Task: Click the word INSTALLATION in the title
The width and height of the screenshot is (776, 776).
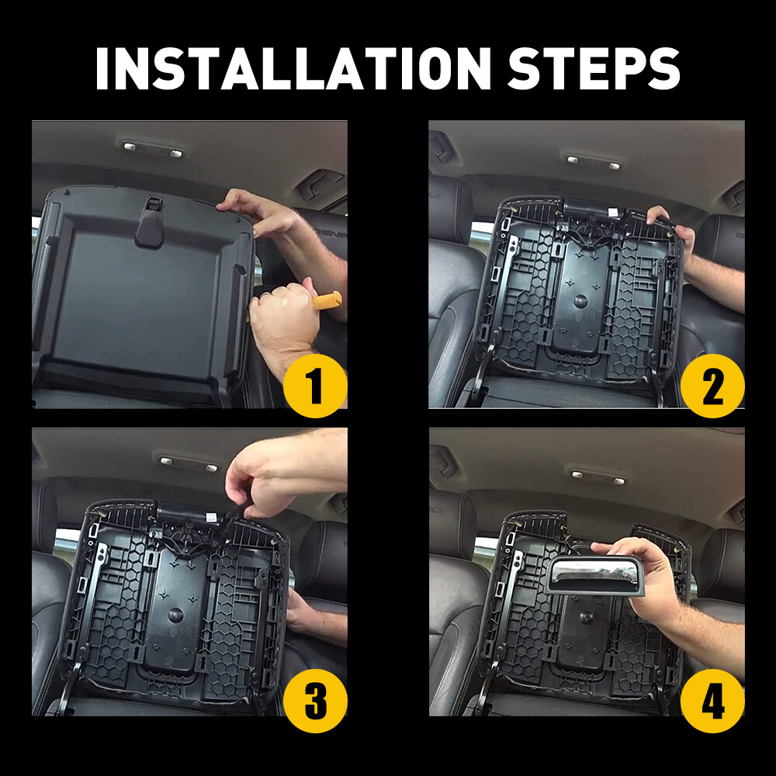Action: (293, 68)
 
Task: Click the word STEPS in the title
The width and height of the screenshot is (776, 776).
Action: (594, 68)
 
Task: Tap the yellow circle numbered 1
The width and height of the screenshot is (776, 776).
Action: (315, 386)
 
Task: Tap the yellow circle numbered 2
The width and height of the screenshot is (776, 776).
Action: (712, 386)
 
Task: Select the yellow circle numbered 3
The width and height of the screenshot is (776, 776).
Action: (315, 701)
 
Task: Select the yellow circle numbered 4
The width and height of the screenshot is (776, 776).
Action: (712, 701)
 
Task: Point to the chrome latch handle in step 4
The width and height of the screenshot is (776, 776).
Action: (593, 576)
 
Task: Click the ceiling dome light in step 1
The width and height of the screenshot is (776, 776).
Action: (153, 150)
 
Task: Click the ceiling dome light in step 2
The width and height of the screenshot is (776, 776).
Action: (592, 162)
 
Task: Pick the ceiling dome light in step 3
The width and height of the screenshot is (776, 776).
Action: (189, 463)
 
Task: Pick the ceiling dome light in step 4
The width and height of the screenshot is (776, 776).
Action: (598, 477)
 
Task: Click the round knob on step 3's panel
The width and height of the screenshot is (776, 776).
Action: (175, 615)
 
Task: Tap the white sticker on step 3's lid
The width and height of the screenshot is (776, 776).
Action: (211, 518)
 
